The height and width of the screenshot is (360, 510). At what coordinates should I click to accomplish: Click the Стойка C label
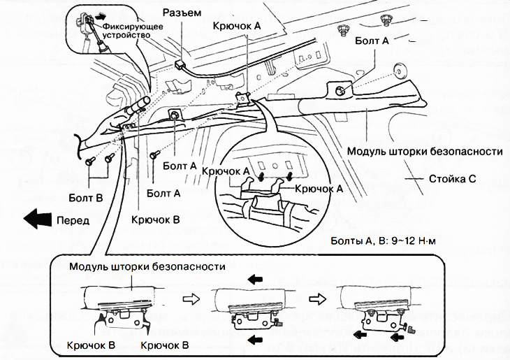[453, 178]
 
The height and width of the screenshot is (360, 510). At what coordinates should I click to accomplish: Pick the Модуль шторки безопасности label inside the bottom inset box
[147, 267]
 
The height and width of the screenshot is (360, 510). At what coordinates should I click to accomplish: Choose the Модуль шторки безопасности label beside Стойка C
[425, 151]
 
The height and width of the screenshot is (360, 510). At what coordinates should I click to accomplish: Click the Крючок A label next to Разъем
[238, 24]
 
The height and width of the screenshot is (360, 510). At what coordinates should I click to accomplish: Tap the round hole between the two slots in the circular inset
[276, 166]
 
